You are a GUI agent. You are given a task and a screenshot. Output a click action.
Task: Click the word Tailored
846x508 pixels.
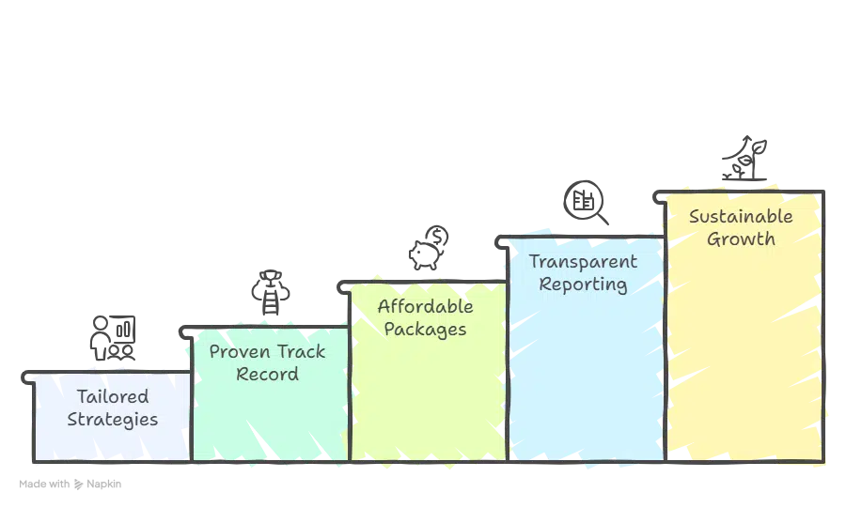113,396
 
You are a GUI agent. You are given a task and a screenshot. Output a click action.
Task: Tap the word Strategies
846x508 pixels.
113,420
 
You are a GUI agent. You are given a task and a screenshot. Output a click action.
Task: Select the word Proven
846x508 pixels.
240,352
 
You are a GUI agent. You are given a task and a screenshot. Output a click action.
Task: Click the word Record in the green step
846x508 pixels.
268,374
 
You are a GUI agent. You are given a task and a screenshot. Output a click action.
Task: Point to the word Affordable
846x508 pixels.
426,306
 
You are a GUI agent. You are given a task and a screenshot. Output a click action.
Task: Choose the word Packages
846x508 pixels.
425,330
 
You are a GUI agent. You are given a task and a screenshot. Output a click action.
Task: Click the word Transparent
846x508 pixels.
583,261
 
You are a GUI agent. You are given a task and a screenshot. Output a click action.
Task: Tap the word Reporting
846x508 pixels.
583,285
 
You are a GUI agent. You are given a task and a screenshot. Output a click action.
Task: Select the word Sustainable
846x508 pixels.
741,217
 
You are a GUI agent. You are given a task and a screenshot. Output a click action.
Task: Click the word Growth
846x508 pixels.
741,239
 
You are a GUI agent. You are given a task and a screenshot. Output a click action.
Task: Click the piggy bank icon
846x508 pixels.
425,254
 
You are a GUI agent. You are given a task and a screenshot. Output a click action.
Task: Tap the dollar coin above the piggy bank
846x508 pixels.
437,236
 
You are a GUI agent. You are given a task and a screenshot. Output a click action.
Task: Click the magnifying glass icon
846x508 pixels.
586,203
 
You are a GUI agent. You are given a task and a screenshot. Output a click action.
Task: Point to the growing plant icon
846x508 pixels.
745,158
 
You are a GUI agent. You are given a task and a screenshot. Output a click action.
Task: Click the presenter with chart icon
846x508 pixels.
113,338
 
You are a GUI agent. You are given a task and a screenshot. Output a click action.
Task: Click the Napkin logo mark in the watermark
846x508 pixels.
79,485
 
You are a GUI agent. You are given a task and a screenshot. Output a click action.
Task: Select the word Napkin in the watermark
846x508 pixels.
104,485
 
